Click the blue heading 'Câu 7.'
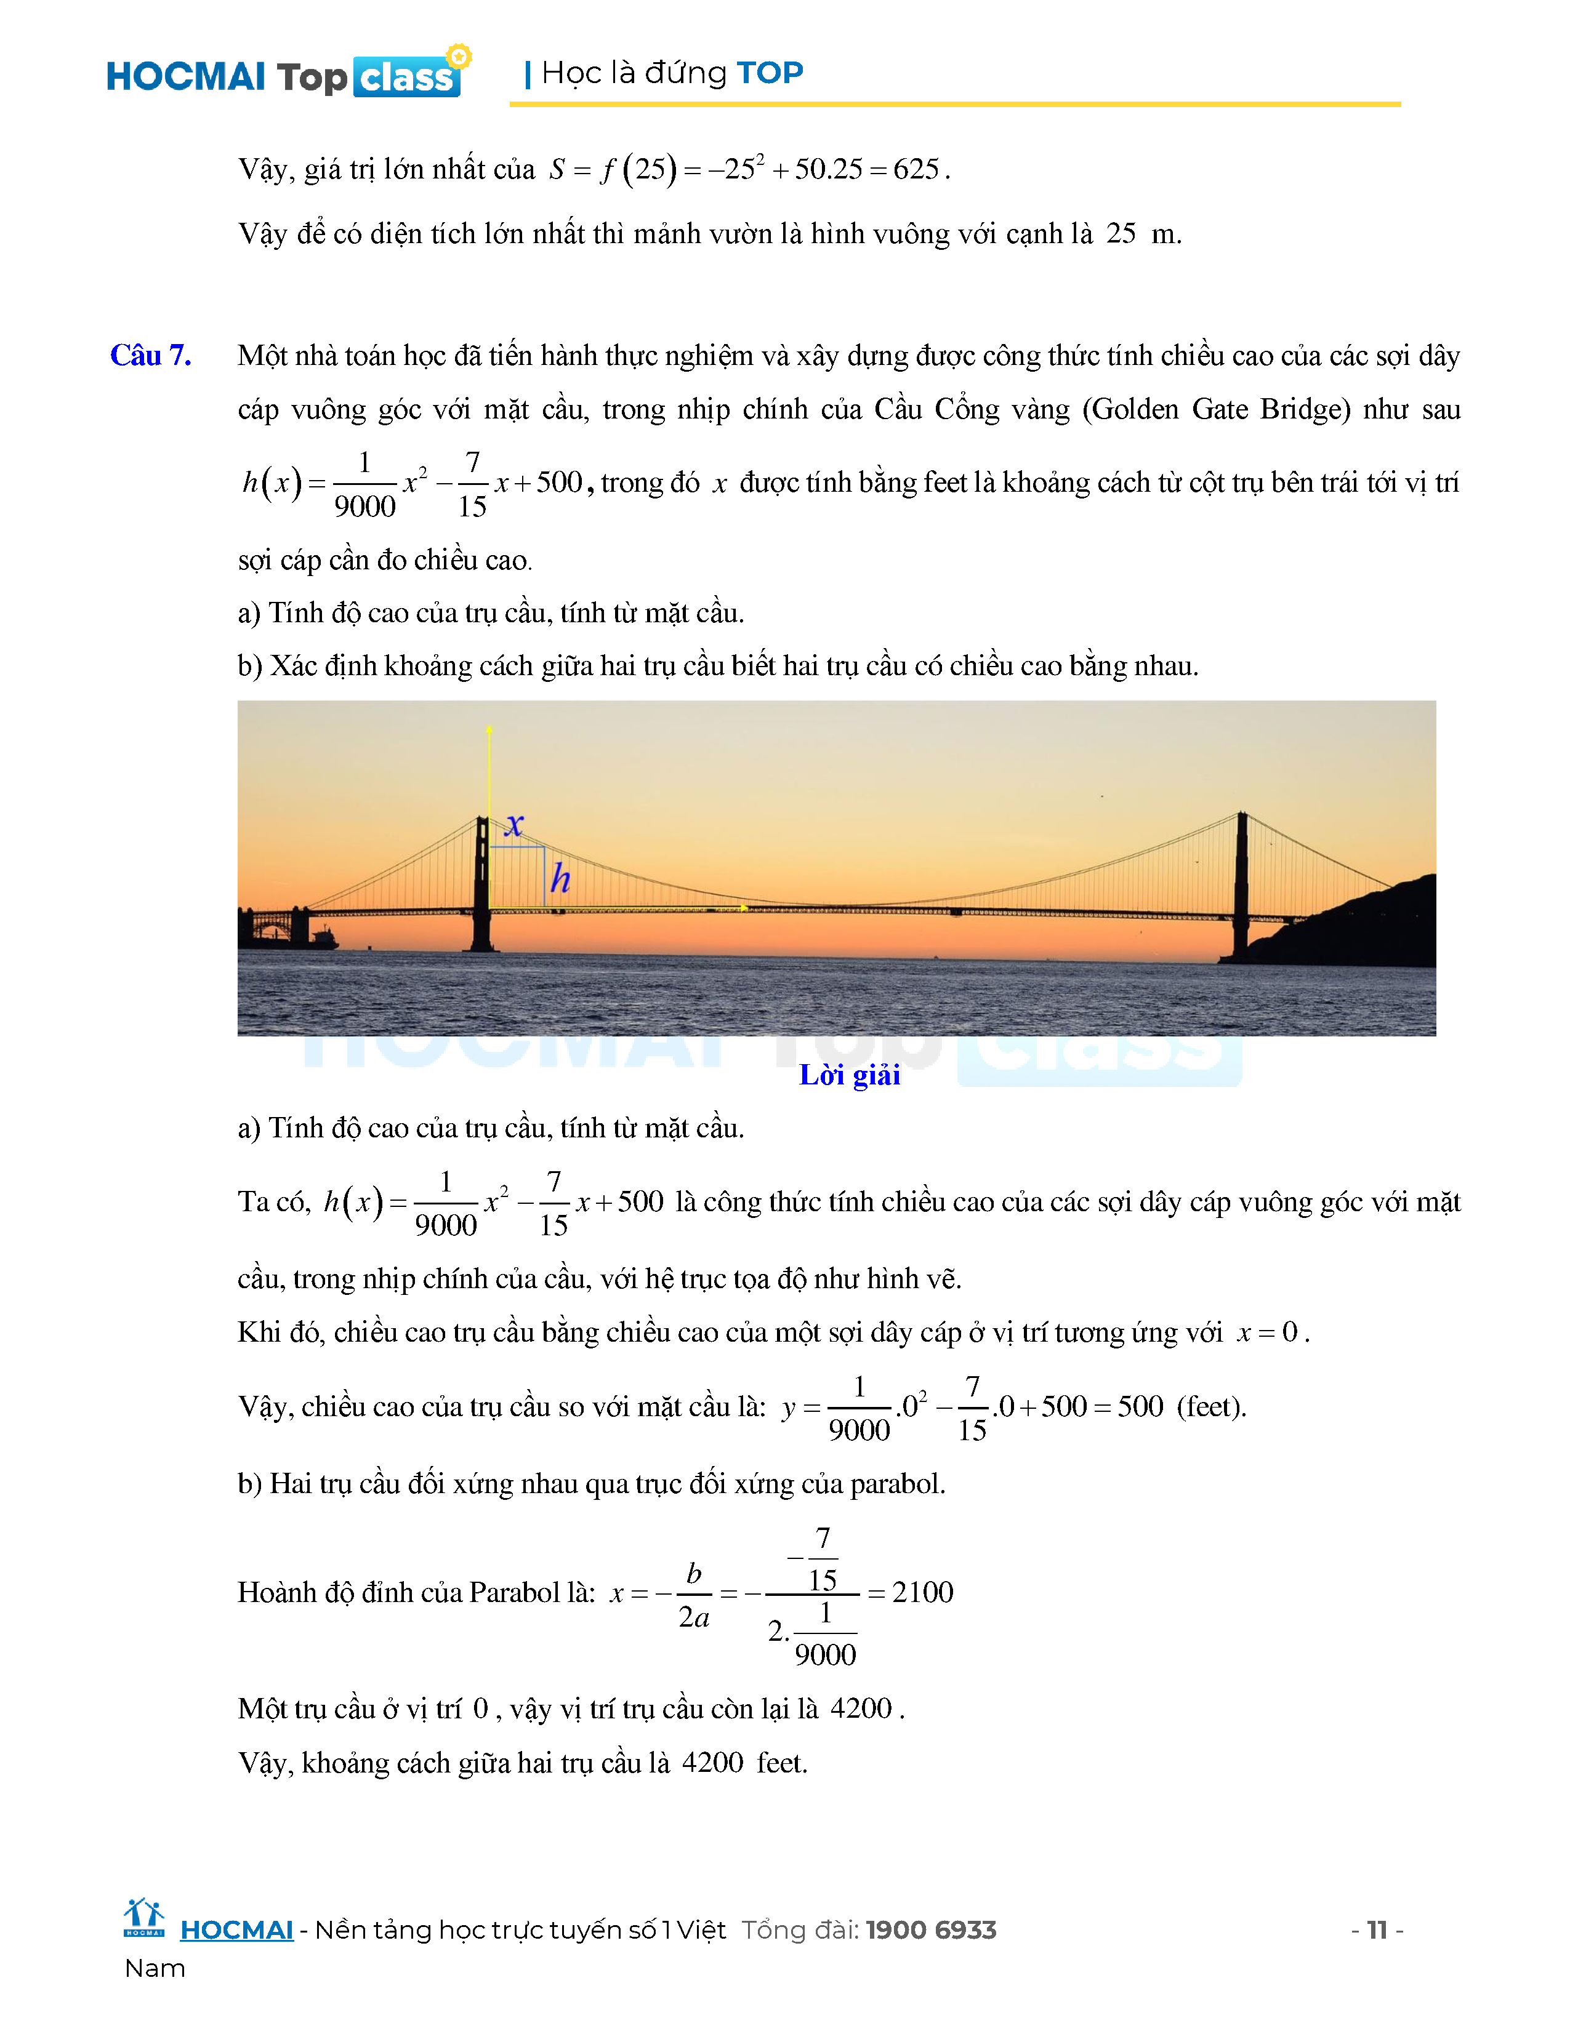click(x=151, y=355)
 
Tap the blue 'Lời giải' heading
click(x=849, y=1075)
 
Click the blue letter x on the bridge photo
click(x=514, y=824)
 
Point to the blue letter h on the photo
click(x=560, y=878)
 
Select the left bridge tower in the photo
click(x=482, y=883)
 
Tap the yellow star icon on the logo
click(x=459, y=56)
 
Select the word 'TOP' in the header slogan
click(x=769, y=73)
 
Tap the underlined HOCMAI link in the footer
click(x=236, y=1931)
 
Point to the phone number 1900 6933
click(x=930, y=1931)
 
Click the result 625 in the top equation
click(x=916, y=169)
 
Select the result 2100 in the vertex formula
click(x=923, y=1592)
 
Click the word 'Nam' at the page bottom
click(x=155, y=1969)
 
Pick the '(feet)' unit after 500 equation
click(x=1211, y=1406)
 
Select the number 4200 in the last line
click(x=712, y=1763)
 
